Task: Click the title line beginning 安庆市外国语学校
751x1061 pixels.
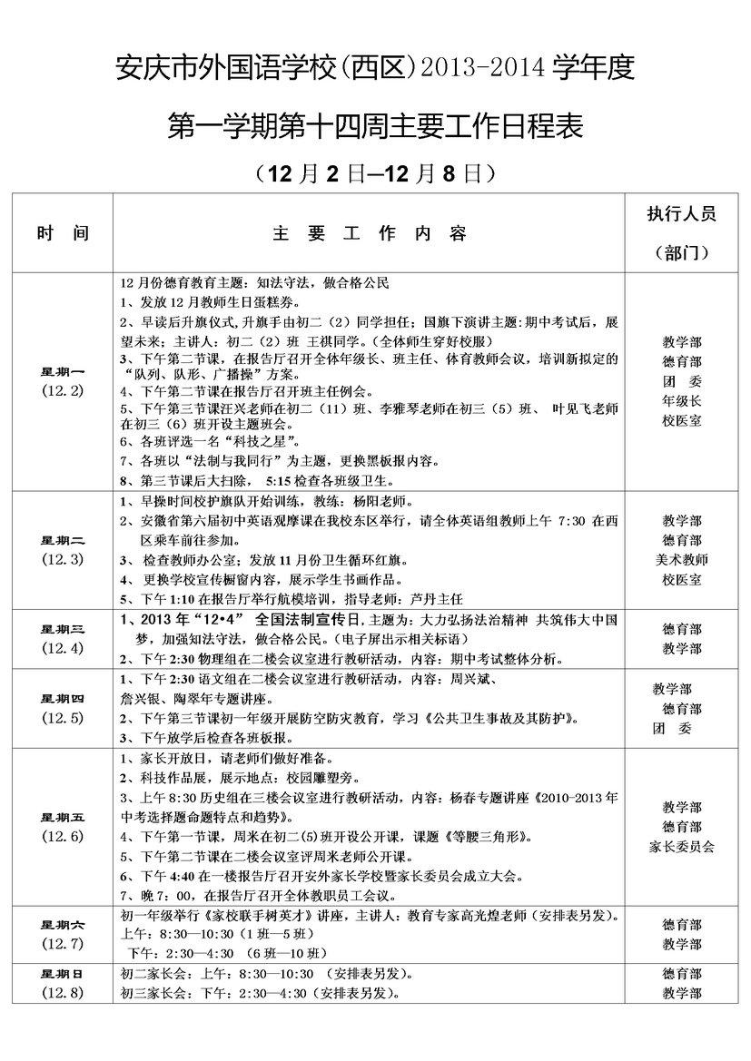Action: (375, 67)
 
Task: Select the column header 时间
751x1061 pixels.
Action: (63, 233)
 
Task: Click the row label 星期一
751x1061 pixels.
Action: (63, 371)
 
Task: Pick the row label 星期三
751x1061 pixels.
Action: (63, 628)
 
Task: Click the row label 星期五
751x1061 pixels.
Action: (63, 817)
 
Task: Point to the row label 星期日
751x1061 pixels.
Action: (63, 973)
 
